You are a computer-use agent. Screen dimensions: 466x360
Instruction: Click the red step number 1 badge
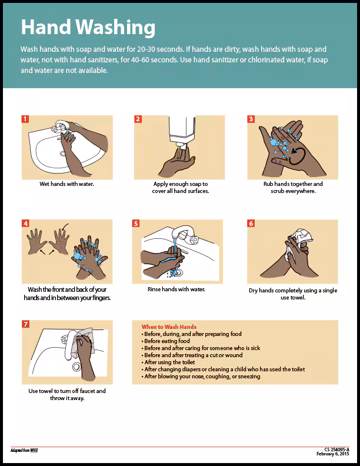point(25,119)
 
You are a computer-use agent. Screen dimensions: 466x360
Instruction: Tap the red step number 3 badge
point(251,119)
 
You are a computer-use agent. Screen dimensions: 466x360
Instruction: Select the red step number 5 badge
point(136,224)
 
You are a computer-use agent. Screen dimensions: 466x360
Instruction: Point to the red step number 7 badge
point(25,324)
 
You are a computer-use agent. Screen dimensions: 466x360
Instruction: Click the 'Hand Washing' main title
point(88,27)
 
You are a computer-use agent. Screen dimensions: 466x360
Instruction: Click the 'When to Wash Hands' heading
point(169,327)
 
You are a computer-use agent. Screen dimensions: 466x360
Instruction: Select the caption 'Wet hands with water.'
point(66,184)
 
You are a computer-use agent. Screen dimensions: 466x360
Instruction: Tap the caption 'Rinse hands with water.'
point(176,289)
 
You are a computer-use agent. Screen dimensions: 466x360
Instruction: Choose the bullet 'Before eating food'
point(166,341)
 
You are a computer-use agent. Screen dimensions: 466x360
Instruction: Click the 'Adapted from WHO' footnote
point(24,451)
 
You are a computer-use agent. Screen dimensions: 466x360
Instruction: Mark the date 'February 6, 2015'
point(333,454)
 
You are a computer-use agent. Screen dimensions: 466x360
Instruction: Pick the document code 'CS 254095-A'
point(336,449)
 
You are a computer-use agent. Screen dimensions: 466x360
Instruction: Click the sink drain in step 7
point(76,366)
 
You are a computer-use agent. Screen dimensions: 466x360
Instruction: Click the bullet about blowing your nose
point(202,377)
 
